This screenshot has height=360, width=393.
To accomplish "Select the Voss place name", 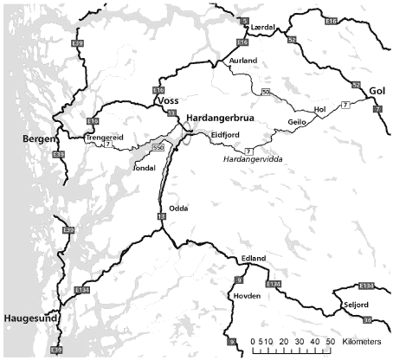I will [x=167, y=100].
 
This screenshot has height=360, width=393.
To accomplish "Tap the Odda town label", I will [x=178, y=208].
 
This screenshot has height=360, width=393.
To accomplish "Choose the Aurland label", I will [x=243, y=61].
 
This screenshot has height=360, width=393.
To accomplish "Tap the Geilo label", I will [x=298, y=123].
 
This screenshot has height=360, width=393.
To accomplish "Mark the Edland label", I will [x=254, y=259].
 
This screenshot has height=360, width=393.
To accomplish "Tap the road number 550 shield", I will [x=158, y=148].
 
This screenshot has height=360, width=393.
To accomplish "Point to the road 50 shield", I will [x=266, y=91].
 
